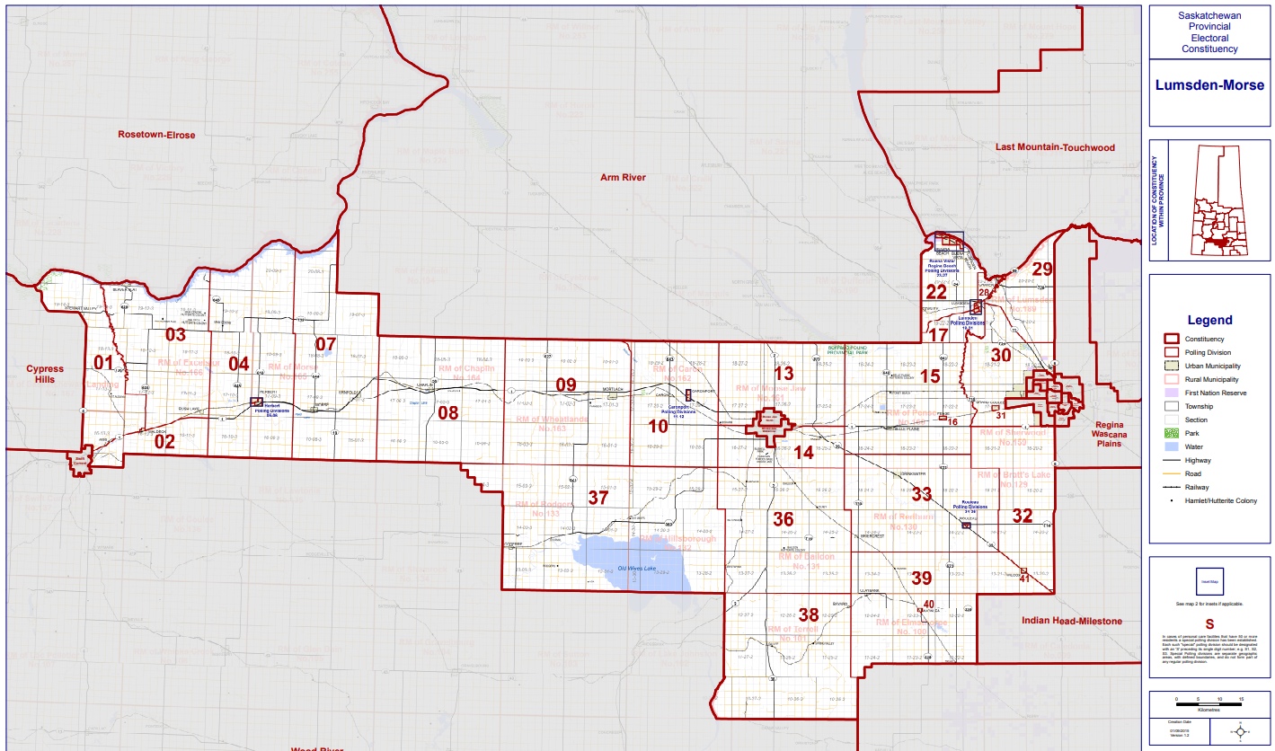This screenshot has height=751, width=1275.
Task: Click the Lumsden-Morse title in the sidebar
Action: point(1209,85)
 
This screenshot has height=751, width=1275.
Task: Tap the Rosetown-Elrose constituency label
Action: point(156,135)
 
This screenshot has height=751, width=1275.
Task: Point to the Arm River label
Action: point(623,178)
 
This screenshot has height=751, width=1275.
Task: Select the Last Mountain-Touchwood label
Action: point(1055,147)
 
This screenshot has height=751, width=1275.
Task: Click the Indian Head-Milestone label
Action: point(1072,621)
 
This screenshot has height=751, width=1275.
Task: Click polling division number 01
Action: point(105,364)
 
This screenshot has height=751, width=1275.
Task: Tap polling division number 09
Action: point(565,385)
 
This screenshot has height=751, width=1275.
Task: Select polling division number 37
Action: point(598,498)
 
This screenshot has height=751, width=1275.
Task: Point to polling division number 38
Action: point(809,615)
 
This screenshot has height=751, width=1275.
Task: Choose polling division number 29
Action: point(1041,269)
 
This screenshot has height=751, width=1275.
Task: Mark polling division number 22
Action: point(936,292)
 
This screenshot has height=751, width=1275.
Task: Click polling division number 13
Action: point(784,373)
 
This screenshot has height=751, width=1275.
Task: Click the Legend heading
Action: point(1209,320)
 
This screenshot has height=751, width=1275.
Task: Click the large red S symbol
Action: point(1209,624)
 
